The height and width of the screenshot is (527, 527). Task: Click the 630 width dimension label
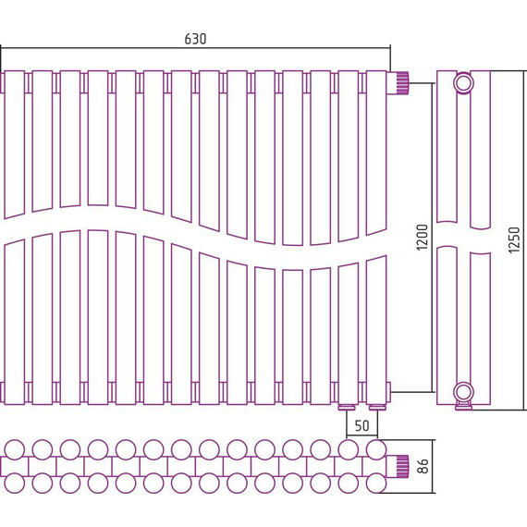point(195,39)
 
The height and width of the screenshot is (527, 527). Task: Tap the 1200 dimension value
point(423,238)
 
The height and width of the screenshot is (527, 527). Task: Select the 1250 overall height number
point(514,240)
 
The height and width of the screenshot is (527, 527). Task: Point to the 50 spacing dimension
point(362,425)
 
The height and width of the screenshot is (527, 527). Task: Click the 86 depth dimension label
point(423,466)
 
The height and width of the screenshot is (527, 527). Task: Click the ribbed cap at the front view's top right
point(401,82)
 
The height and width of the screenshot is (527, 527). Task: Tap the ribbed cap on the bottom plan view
point(401,466)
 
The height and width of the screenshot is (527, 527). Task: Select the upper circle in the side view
point(463,83)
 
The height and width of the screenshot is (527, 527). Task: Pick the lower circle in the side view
point(463,393)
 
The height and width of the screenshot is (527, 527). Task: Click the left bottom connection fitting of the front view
point(347,408)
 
